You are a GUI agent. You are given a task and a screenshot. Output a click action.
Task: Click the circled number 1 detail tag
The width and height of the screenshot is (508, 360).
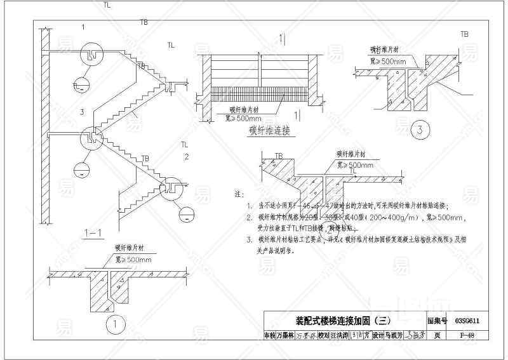113,325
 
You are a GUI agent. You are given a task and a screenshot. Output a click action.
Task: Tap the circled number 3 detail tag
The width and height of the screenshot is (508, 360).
418,131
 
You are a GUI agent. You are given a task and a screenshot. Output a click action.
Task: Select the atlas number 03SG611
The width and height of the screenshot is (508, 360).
467,321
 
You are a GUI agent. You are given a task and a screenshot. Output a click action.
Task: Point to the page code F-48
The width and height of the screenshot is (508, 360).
467,335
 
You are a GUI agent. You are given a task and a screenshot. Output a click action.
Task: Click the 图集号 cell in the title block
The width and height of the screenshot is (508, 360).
438,321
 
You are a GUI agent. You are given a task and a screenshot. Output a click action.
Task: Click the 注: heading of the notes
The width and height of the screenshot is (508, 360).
239,192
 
